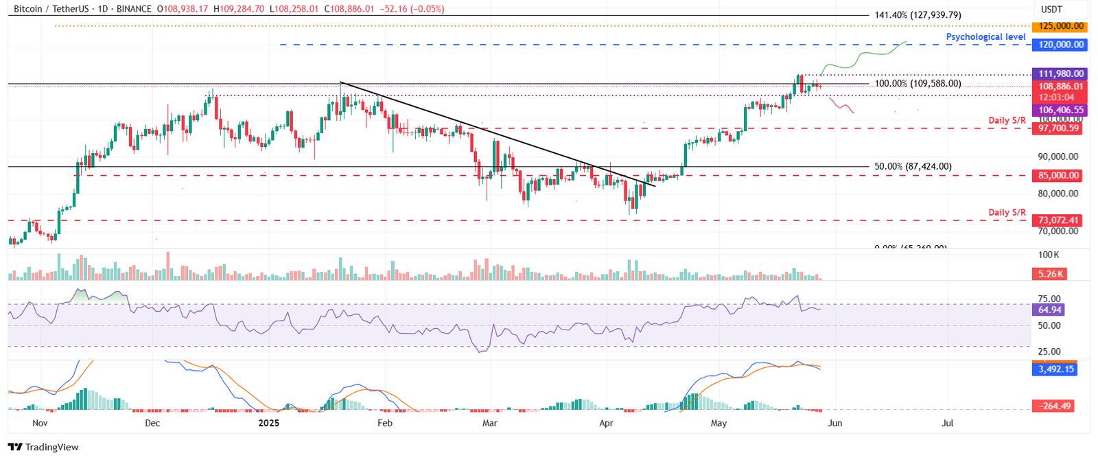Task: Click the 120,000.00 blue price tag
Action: pyautogui.click(x=1061, y=45)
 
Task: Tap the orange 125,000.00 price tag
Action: pyautogui.click(x=1061, y=26)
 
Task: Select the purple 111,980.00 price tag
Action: pyautogui.click(x=1061, y=73)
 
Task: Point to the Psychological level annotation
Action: pyautogui.click(x=985, y=37)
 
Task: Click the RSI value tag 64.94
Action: pyautogui.click(x=1050, y=310)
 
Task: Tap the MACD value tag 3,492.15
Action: pyautogui.click(x=1056, y=369)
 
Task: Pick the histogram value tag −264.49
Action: pyautogui.click(x=1055, y=406)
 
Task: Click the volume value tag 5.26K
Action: pyautogui.click(x=1051, y=274)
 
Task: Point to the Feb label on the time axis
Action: pyautogui.click(x=385, y=423)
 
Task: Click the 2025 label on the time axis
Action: pyautogui.click(x=269, y=423)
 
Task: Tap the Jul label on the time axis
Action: pyautogui.click(x=948, y=423)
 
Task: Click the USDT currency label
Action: pyautogui.click(x=1051, y=10)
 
